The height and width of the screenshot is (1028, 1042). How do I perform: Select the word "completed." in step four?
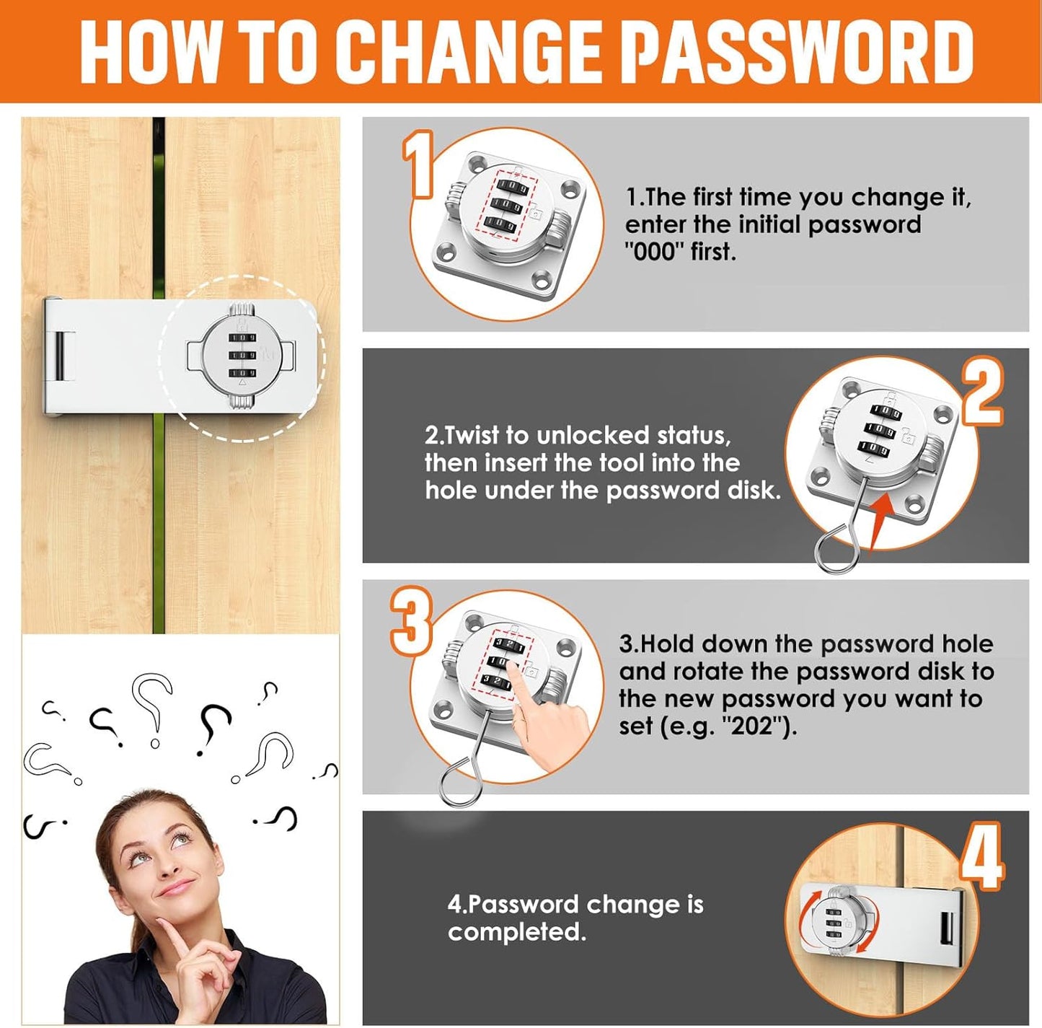click(517, 932)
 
